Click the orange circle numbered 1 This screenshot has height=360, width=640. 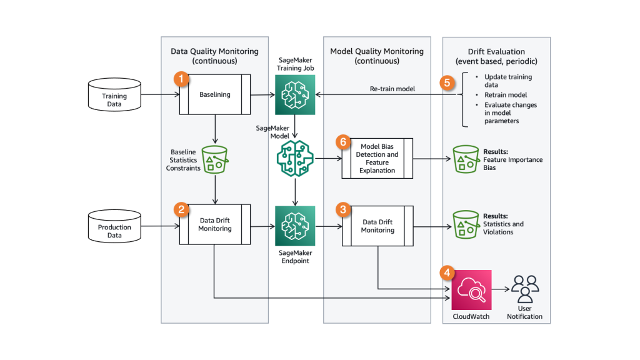coord(181,79)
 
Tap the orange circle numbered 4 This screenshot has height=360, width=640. coord(446,272)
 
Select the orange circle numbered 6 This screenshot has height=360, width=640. coord(342,142)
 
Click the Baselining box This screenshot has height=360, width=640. coord(215,95)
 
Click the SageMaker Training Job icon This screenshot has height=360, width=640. coord(296,95)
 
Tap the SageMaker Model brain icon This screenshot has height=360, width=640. coord(296,159)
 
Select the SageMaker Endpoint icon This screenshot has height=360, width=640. coord(296,226)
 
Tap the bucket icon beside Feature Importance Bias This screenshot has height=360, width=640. coord(465,159)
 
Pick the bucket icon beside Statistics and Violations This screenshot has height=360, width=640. coord(465,224)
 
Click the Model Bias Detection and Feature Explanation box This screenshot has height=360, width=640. coord(377,159)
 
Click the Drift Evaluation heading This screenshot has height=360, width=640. coord(496,56)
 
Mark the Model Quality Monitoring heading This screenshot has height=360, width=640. coord(377,56)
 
